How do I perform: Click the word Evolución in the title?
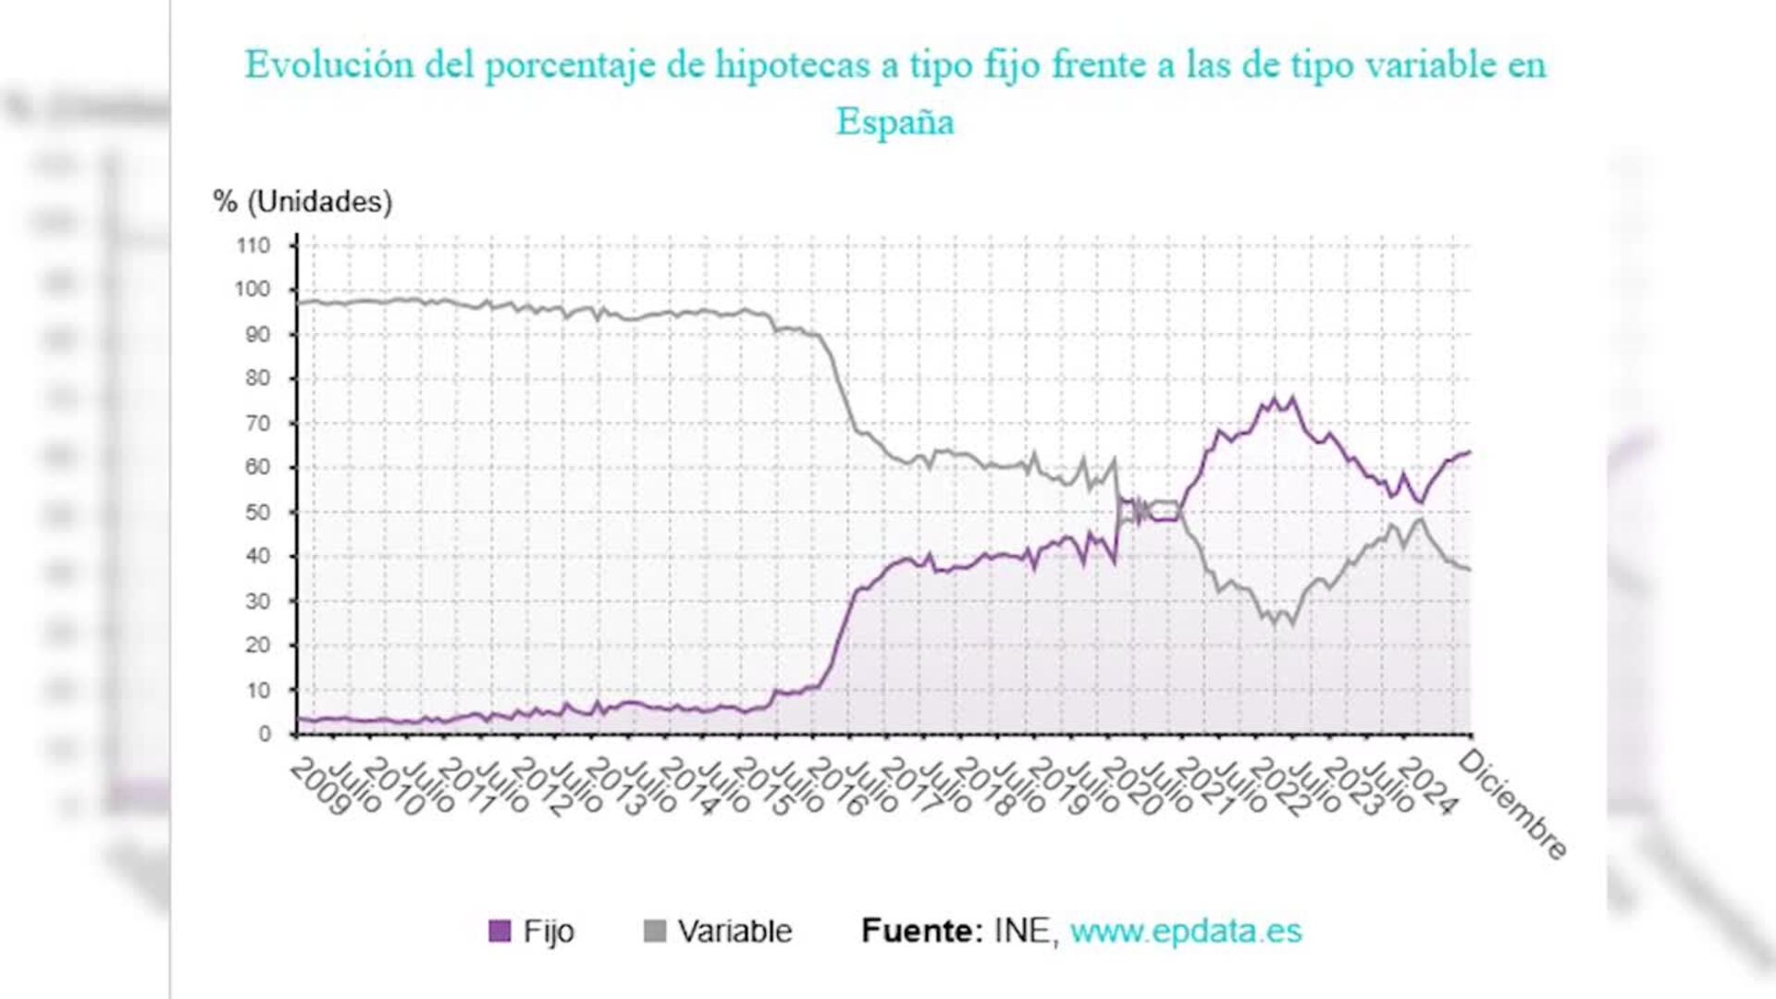[328, 65]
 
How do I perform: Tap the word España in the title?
[894, 122]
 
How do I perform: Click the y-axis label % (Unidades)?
[302, 202]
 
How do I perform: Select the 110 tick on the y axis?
[253, 245]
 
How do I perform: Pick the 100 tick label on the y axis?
[253, 290]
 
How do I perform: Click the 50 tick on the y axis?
[257, 512]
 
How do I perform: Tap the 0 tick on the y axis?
[265, 734]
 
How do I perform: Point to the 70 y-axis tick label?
[257, 423]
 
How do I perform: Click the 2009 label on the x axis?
[320, 787]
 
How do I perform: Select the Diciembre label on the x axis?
[1512, 804]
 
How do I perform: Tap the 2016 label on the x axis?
[836, 787]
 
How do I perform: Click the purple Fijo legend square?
[499, 931]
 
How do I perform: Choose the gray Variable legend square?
[654, 931]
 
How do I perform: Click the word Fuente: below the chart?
[921, 931]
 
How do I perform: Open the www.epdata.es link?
[1186, 931]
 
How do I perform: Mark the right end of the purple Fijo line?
[1470, 452]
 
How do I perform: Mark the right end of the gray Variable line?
[1470, 570]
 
